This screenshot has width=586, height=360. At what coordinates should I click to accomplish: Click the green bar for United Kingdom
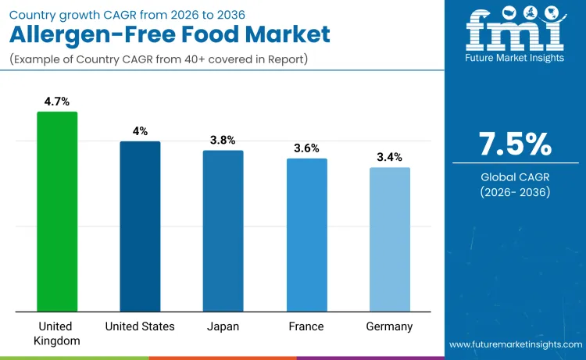(x=57, y=211)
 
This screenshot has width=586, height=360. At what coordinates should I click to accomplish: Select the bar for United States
(x=140, y=226)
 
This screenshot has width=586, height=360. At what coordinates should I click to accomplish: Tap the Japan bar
(x=223, y=230)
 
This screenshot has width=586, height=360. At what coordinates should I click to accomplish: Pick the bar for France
(x=306, y=234)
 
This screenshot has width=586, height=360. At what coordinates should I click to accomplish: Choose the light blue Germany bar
(x=389, y=239)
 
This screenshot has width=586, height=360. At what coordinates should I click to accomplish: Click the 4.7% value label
(x=57, y=101)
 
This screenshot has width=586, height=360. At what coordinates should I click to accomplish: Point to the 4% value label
(x=140, y=131)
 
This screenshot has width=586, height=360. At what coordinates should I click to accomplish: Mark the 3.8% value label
(x=223, y=140)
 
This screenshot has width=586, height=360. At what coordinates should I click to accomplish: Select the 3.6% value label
(x=306, y=148)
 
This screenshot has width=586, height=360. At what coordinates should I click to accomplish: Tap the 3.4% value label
(x=389, y=157)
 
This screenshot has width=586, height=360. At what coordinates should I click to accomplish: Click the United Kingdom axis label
(x=57, y=333)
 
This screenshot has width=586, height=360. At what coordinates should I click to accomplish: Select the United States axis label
(x=140, y=326)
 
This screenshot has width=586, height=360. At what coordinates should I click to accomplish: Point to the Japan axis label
(x=223, y=326)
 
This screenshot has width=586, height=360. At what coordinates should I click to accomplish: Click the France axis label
(x=306, y=326)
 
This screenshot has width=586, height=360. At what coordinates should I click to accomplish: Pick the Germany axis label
(x=389, y=326)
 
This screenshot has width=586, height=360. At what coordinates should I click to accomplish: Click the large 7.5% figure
(x=515, y=144)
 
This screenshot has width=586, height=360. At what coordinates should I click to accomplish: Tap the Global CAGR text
(x=515, y=177)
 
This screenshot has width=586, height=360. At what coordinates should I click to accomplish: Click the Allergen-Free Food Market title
(x=170, y=34)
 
